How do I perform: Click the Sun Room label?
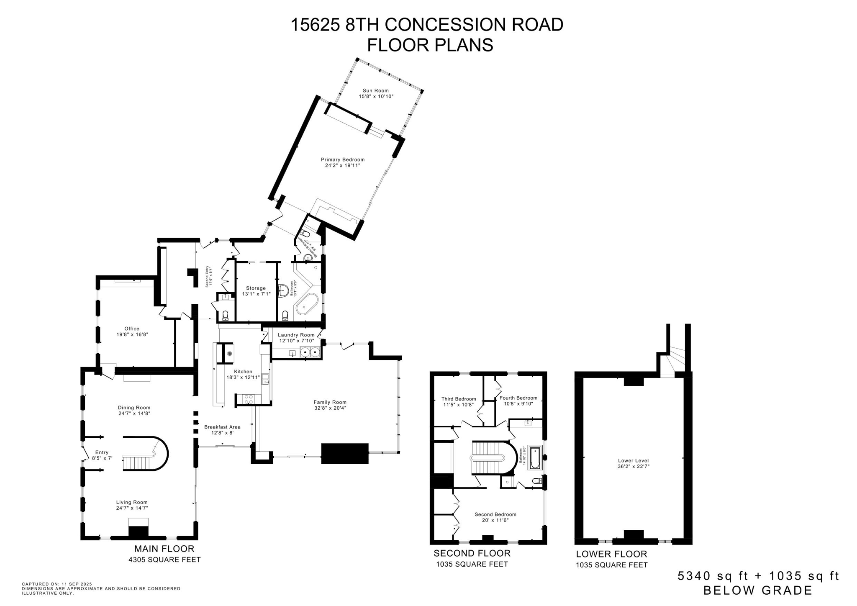coord(375,90)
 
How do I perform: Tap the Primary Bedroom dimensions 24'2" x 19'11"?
coord(342,165)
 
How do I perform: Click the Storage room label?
coord(256,288)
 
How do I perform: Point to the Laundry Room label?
coord(296,335)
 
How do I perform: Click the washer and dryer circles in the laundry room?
coord(310,352)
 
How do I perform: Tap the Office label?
coord(132,329)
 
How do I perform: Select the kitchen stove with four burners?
coord(249,399)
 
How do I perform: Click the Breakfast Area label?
coord(222,427)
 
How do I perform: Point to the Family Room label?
coord(330,402)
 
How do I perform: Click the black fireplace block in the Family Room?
coord(344,453)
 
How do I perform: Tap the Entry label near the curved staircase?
coord(102,452)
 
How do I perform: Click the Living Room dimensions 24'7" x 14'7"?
coord(132,508)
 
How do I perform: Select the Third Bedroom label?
coord(459,399)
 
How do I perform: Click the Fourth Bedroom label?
coord(518,398)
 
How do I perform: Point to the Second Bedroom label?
coord(495,514)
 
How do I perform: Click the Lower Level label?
coord(633,460)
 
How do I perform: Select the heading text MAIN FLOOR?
coord(164,549)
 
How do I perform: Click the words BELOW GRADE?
coord(757,591)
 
